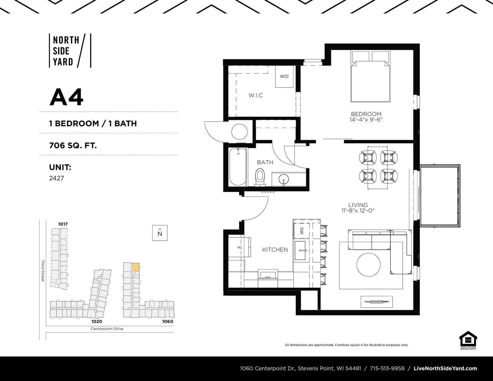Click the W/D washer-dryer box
[284, 77]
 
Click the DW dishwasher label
[301, 231]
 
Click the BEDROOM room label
[366, 114]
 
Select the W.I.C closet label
[255, 95]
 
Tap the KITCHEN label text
[275, 250]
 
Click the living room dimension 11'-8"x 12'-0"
[358, 211]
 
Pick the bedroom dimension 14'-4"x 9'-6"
[366, 120]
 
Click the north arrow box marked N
[160, 233]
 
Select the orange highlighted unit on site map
[136, 267]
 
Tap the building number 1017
[63, 224]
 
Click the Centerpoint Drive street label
[107, 329]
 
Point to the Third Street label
[43, 271]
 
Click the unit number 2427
[56, 178]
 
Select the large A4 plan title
[67, 97]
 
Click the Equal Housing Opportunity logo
[468, 340]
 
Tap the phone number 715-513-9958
[387, 368]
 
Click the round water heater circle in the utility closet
[239, 132]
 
